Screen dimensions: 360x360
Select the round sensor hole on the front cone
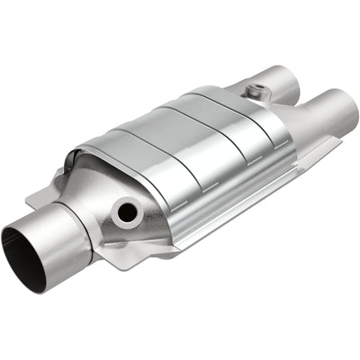(x=127, y=212)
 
